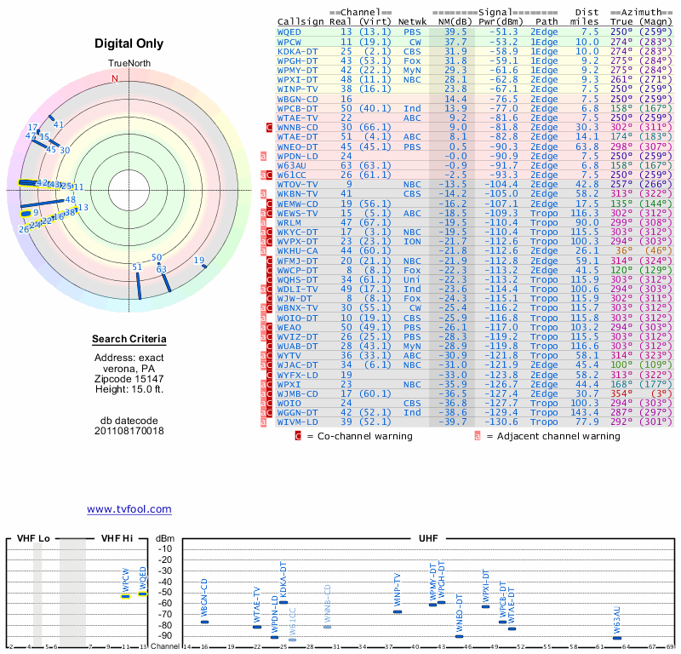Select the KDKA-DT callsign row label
298,50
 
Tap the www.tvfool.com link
129,509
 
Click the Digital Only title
129,43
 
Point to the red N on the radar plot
115,78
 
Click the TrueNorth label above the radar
129,65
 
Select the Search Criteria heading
129,340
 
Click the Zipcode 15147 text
129,378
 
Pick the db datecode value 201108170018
129,431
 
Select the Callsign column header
301,21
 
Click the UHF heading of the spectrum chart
429,539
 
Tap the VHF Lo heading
33,539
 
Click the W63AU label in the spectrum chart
617,620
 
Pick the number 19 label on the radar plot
199,260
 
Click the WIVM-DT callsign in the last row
298,421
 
